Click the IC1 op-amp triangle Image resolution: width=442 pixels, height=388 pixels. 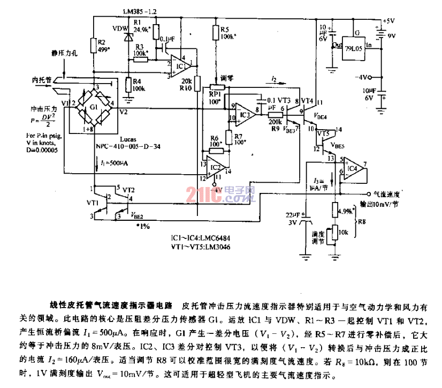[x=180, y=67]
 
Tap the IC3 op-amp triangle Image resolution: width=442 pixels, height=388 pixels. [x=245, y=113]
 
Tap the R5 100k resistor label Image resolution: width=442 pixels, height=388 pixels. [x=225, y=34]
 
